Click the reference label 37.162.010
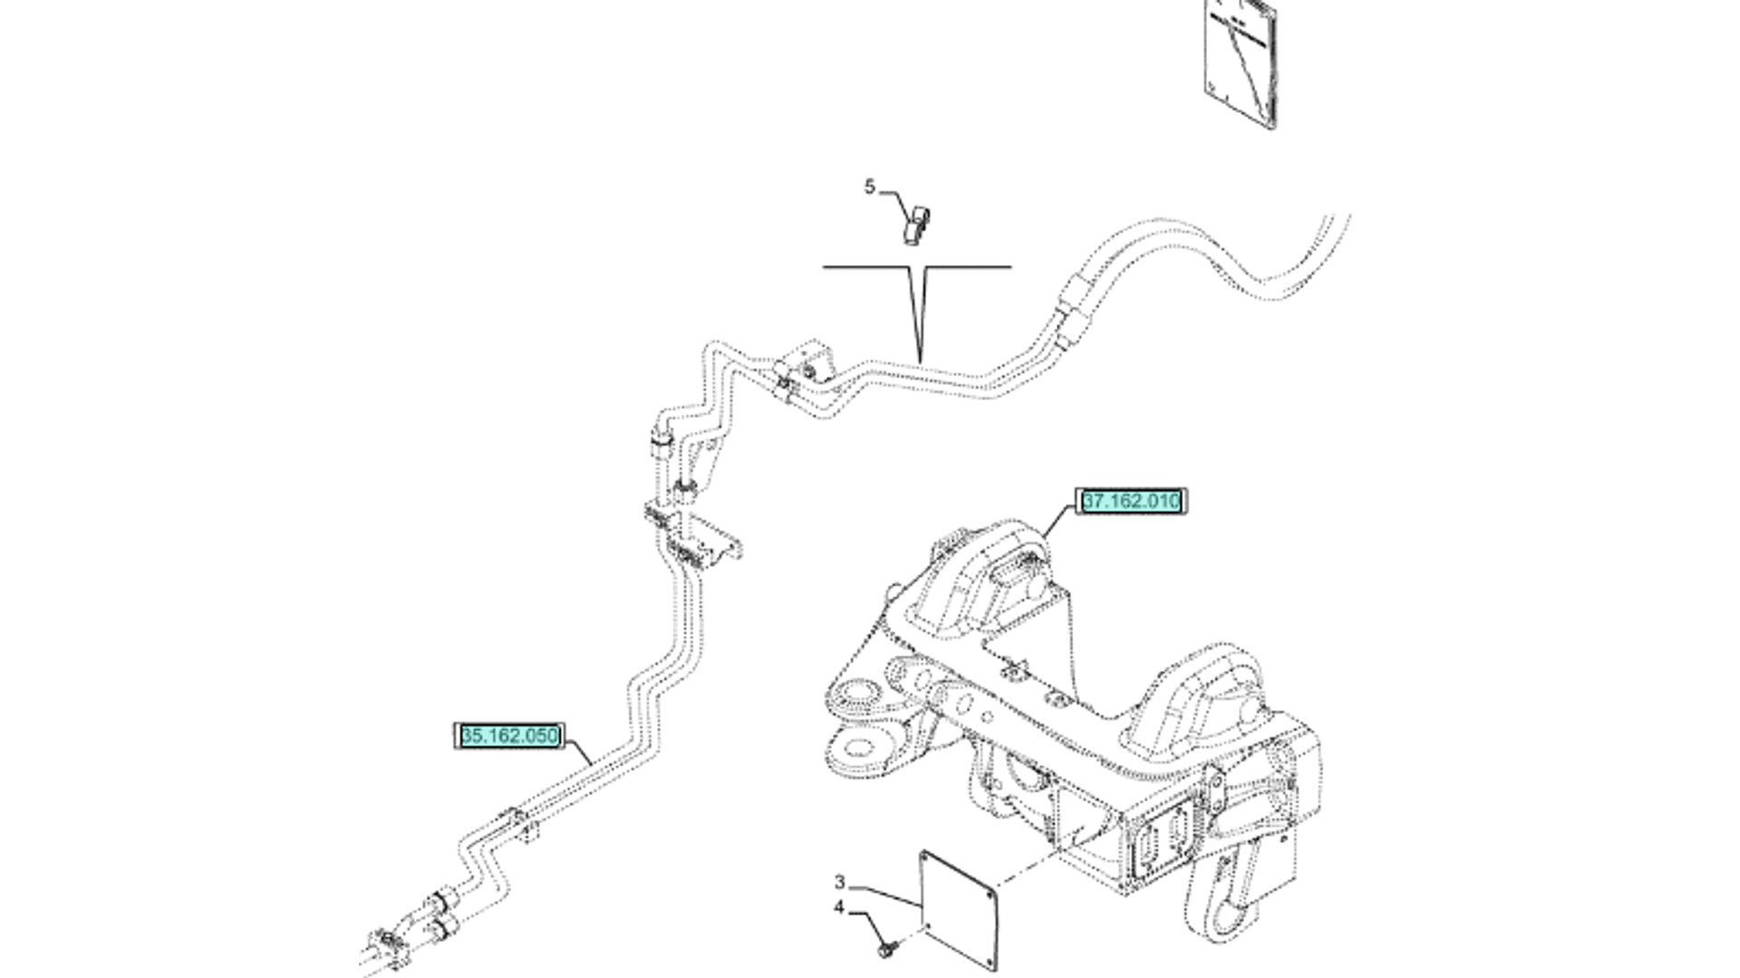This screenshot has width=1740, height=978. [x=1131, y=501]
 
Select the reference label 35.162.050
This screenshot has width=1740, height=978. [x=509, y=736]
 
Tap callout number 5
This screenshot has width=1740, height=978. [x=869, y=187]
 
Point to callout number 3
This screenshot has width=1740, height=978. [x=840, y=882]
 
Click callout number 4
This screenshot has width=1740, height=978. [x=840, y=908]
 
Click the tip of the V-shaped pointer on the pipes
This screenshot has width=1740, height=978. [x=921, y=361]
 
